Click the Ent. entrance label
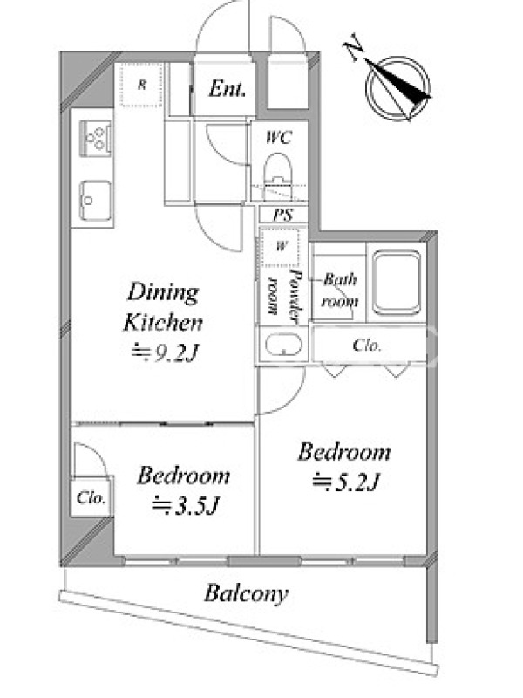coord(227,89)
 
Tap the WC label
coord(279,137)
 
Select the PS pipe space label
coord(282,215)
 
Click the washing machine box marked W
coord(280,246)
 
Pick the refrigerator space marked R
coord(141,85)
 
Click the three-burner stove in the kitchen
coord(96,138)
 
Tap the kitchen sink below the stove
coord(95,201)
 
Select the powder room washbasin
coord(283,345)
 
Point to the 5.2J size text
coord(345,482)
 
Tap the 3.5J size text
coord(186,505)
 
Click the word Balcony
coord(246,594)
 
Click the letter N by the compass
coord(354,46)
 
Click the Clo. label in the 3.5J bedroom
coord(92,497)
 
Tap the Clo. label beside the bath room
coord(367,346)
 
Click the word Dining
coord(163,293)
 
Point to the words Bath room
coord(340,291)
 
